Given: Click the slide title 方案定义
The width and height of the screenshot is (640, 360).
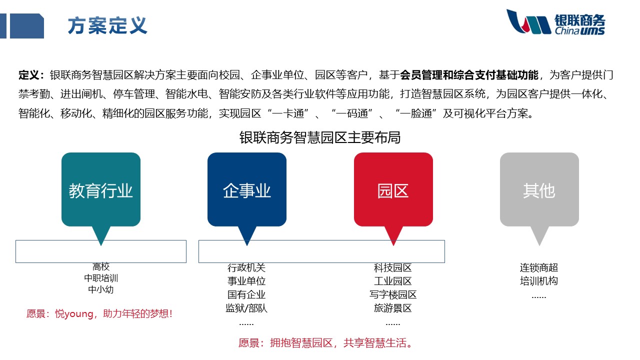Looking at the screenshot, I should pos(107,25).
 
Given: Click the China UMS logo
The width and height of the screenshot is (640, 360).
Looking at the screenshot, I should pos(555,22).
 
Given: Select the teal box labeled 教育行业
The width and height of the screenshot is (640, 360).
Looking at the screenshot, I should pos(101,190).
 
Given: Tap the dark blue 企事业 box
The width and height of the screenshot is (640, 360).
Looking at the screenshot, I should pos(247,190).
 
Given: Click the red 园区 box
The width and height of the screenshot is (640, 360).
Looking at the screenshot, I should pos(393,190).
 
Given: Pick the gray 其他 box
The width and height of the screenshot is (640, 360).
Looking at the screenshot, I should pos(539,190).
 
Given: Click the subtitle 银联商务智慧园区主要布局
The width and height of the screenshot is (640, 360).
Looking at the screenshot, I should pos(320,137).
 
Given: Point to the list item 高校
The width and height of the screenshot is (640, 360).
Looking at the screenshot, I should pos(101,267).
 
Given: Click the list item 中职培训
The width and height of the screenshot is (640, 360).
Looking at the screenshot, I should pos(101,278).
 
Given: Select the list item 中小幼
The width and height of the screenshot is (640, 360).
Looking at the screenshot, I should pos(101,289).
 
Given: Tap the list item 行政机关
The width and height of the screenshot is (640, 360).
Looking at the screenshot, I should pos(246,268).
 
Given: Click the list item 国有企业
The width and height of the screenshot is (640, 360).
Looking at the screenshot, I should pos(246,294).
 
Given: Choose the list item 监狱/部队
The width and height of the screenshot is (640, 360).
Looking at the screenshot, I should pos(246,308).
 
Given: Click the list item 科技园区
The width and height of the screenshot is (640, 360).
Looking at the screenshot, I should pos(393,268).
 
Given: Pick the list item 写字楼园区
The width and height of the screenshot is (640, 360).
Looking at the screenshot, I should pos(393,294).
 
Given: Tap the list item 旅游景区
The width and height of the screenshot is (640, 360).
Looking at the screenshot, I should pos(393,308).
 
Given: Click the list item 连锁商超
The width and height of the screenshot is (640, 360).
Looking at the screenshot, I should pos(539,268).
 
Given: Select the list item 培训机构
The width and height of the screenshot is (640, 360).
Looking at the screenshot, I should pos(539,281).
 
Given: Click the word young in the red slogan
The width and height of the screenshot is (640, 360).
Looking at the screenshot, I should pos(79,314).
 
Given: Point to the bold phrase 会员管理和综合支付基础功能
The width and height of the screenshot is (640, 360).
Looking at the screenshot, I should pos(469,75).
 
